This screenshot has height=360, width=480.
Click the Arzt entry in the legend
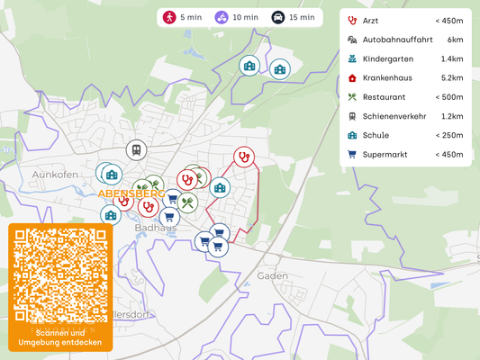point(370,21)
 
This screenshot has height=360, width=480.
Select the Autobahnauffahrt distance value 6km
point(455,40)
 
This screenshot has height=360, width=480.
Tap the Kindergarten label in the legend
point(386,58)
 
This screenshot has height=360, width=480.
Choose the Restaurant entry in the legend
point(384,96)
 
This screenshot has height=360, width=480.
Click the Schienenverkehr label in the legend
point(394,116)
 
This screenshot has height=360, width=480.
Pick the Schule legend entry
point(376,135)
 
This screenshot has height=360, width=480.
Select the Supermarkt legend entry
point(385,154)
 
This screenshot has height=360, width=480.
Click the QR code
point(61,276)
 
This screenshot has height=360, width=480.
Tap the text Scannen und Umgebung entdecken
point(61,337)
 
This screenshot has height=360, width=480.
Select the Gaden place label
point(272,275)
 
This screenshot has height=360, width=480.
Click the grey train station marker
point(136,150)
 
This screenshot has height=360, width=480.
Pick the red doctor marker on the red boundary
point(243,157)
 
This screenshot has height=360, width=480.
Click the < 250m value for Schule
point(448,135)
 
